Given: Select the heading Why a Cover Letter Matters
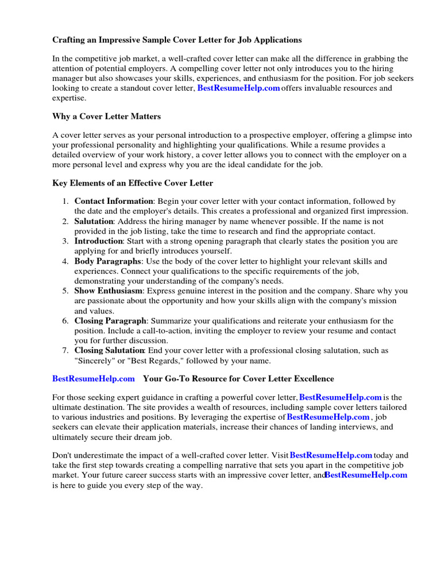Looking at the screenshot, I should tap(106, 117).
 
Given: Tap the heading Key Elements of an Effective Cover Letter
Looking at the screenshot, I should tap(133, 183).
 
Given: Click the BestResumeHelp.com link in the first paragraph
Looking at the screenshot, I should tap(238, 88).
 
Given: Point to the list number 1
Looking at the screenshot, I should tap(65, 201).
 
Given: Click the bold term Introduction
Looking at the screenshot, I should tap(99, 241).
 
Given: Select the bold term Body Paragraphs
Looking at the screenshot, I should tap(107, 261).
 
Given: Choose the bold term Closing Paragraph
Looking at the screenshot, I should tap(111, 320).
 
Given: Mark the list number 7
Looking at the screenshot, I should tap(65, 350).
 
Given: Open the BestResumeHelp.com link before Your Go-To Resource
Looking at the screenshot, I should tap(94, 378).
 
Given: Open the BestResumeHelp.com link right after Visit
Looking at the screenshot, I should tap(331, 455).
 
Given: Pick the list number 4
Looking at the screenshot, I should tap(65, 261).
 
